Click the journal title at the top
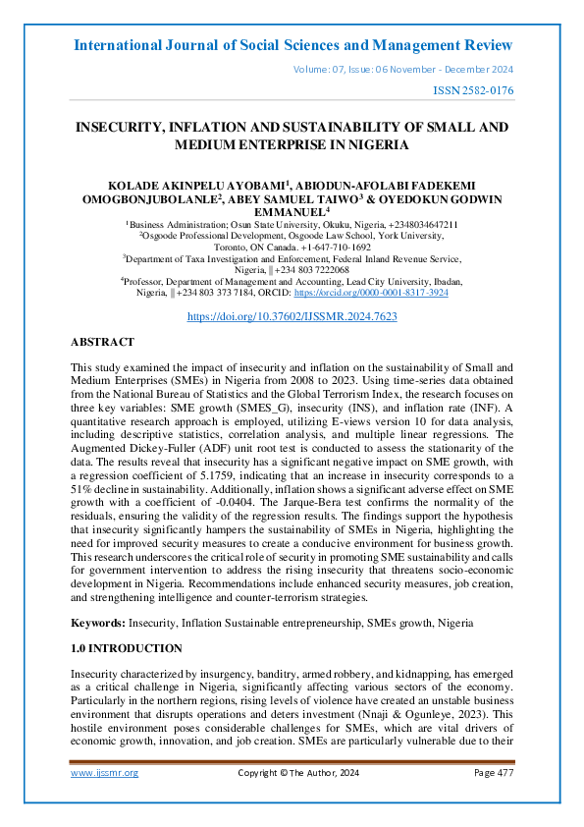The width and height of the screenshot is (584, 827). pos(292,45)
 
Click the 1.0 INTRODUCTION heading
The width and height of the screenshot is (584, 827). pos(127,648)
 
